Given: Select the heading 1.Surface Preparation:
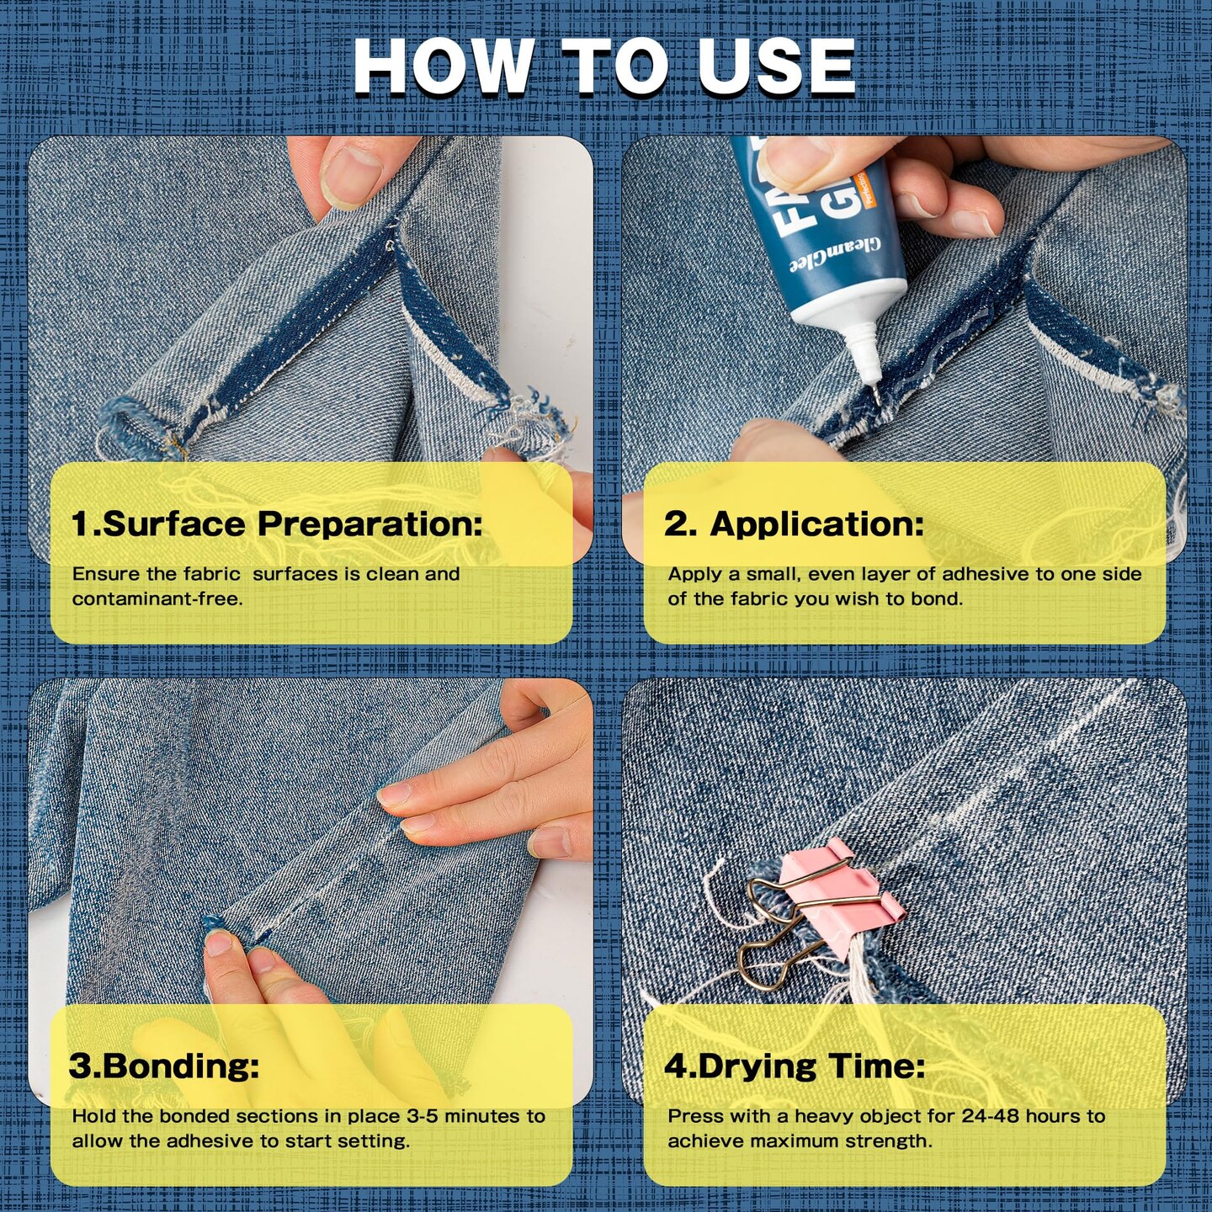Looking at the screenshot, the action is tap(277, 524).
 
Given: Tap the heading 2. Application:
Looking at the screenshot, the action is tap(794, 524).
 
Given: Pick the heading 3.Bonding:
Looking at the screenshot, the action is tap(163, 1066).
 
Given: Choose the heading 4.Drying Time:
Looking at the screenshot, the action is tap(795, 1066).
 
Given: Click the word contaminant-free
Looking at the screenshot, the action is tap(157, 598).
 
